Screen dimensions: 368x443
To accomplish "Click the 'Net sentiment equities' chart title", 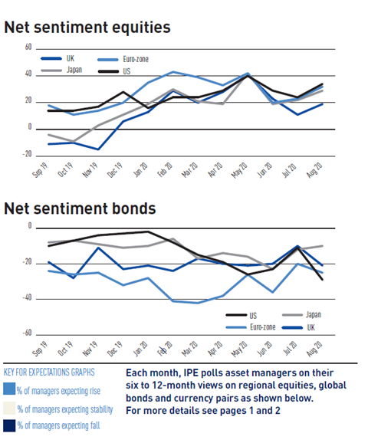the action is (87, 28).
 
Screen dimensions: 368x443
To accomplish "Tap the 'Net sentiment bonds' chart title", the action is (80, 208).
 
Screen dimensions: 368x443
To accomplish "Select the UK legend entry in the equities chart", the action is (58, 58).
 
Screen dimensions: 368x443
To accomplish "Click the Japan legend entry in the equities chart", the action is (61, 70).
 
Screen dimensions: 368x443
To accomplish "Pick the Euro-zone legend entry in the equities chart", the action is (123, 59).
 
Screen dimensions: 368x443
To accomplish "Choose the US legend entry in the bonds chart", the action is (242, 315).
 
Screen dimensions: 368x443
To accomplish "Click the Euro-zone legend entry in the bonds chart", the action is (251, 327).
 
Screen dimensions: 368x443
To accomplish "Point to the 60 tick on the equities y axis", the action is (28, 47).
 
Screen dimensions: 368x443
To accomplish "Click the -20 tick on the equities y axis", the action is (27, 154).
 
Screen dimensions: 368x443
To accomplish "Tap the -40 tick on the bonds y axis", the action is (27, 297).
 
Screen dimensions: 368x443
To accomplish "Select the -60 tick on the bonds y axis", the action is (27, 333).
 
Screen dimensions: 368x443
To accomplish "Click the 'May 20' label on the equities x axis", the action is (239, 170).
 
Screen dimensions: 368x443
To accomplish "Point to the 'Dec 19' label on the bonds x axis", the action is (115, 349).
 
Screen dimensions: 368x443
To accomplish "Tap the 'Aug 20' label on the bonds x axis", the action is (314, 349).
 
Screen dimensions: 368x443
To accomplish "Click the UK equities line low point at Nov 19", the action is (98, 149).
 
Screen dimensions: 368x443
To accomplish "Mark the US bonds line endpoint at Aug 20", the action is (322, 280).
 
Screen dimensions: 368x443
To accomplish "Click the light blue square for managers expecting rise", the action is (9, 389).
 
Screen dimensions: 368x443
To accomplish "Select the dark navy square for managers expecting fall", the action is (9, 426).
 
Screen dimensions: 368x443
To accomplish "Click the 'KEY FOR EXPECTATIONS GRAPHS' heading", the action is (49, 372).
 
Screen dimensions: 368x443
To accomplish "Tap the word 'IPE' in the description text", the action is (191, 373).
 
